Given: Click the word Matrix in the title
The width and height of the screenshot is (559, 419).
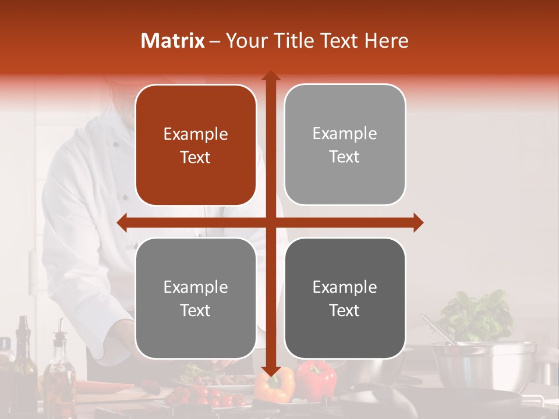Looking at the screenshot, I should tap(173, 41).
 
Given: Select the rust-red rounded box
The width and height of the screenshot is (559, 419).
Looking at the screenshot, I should tap(196, 145).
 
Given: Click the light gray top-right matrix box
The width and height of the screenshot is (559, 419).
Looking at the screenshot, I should tap(345, 145).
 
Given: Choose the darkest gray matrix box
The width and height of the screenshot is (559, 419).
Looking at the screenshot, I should tap(345, 298).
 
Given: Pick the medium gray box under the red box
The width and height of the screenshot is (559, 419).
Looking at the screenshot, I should tap(196, 298).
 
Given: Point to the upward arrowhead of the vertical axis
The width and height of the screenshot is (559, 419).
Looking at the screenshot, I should tap(270, 76).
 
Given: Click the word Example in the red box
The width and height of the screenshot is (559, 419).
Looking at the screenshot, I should tap(196, 134).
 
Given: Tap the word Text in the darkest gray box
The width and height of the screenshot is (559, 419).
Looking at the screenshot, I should tap(345, 310).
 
